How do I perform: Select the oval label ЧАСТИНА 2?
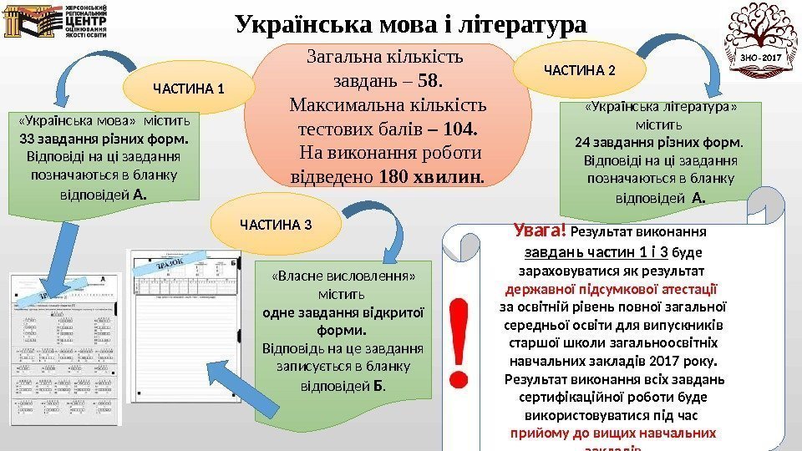[x=579, y=68]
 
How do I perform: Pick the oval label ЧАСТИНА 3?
[x=276, y=225]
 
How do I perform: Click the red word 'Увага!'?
[x=541, y=230]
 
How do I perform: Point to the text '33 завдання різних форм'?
[x=104, y=139]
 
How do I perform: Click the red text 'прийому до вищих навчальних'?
[x=613, y=433]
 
